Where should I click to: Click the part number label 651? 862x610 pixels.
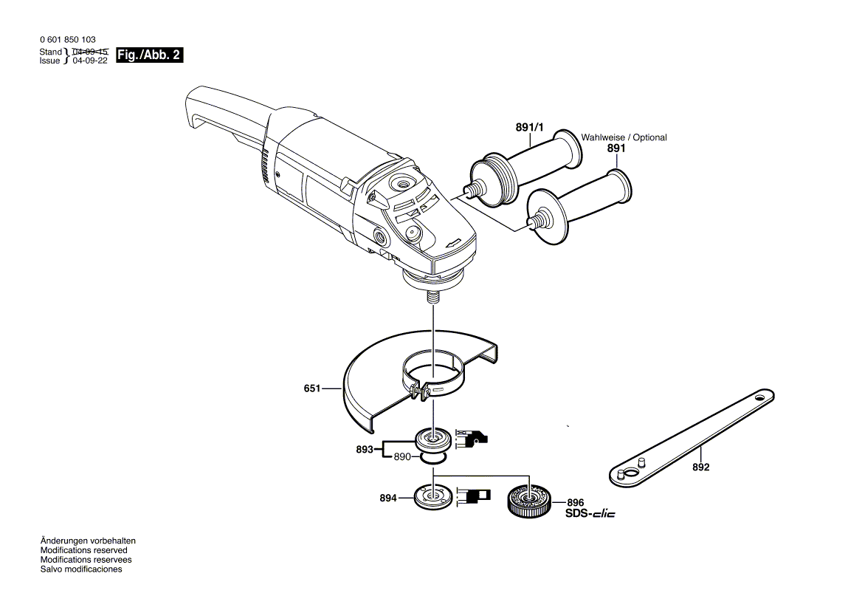click(x=311, y=388)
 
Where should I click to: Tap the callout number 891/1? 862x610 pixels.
click(x=529, y=128)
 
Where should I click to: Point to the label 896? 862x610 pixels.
click(x=575, y=501)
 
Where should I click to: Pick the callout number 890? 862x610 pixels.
click(x=401, y=457)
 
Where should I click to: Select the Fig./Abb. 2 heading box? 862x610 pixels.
click(x=150, y=55)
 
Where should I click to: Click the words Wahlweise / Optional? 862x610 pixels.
click(x=624, y=137)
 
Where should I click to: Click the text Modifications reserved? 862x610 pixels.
click(x=83, y=550)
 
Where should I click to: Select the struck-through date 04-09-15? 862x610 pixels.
click(x=91, y=52)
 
